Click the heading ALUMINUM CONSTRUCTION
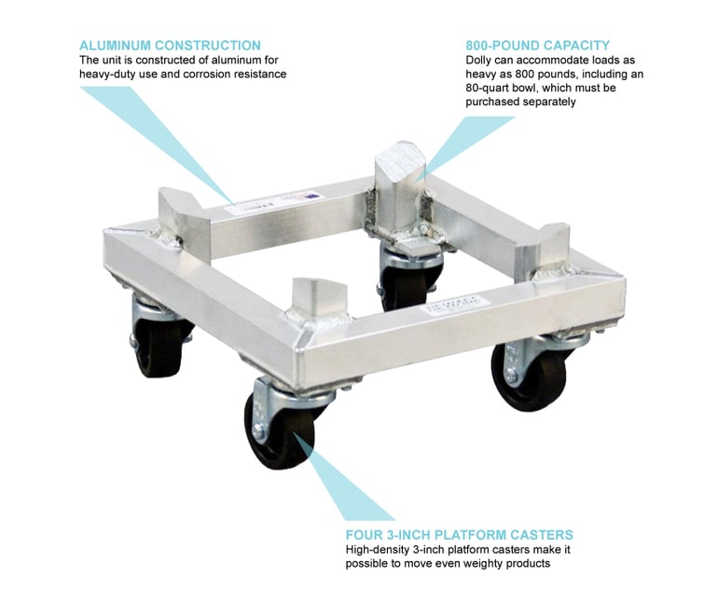click(x=170, y=46)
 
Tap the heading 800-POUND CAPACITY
click(x=538, y=46)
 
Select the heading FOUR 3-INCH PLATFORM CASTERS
click(x=460, y=535)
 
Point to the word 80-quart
click(x=488, y=88)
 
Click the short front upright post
click(x=318, y=297)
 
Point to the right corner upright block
click(x=544, y=248)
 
